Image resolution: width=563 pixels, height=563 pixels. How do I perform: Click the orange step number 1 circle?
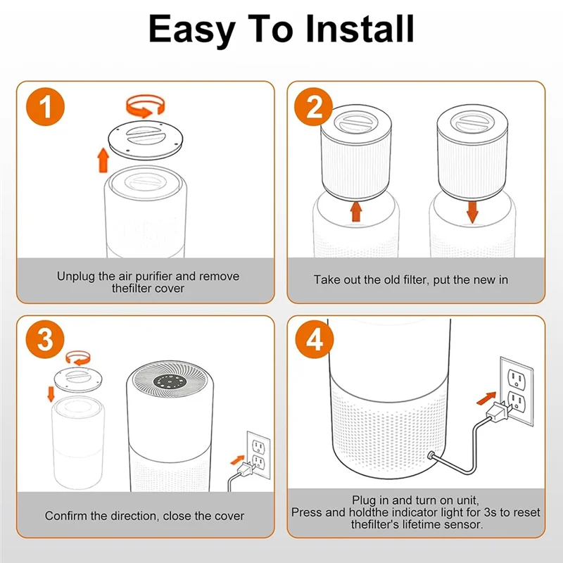45,107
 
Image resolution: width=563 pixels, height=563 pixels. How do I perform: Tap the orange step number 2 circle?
313,107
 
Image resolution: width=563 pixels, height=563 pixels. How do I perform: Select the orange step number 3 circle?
45,339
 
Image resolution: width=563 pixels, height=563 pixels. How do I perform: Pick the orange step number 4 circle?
315,339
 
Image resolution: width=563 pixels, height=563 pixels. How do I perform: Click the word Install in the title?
360,29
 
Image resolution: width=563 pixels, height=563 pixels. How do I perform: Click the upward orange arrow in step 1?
103,160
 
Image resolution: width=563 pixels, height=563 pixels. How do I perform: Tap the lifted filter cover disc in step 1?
146,139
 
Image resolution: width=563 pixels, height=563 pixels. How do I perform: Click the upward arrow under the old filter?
356,212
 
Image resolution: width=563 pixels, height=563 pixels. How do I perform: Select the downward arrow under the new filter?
472,213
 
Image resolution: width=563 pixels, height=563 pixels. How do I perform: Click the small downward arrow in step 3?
51,394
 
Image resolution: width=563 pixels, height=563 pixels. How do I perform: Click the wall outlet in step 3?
258,455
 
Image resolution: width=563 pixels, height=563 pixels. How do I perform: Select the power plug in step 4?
497,411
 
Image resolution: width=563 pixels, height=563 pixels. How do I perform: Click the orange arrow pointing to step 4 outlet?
486,398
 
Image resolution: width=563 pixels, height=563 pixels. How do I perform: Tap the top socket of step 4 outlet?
517,379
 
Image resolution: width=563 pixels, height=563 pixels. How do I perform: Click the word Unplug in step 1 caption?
76,277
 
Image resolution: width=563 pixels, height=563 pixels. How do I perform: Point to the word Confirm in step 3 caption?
66,516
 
